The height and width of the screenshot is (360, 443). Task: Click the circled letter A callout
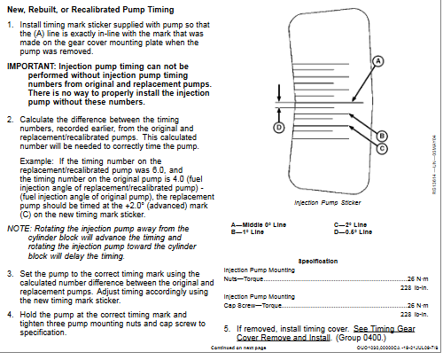[377, 61]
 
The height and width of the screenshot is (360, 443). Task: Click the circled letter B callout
[383, 135]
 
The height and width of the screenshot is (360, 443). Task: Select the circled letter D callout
[277, 128]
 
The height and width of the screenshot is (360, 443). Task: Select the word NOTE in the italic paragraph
[19, 228]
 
